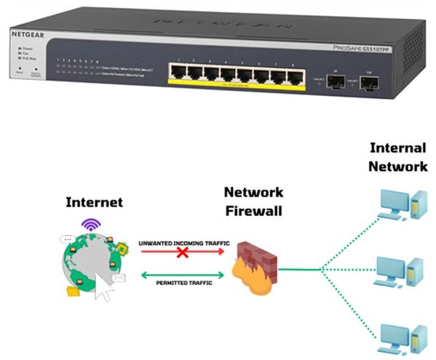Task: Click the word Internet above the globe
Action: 94,201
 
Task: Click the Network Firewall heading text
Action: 252,201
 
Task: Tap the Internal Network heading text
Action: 398,157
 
